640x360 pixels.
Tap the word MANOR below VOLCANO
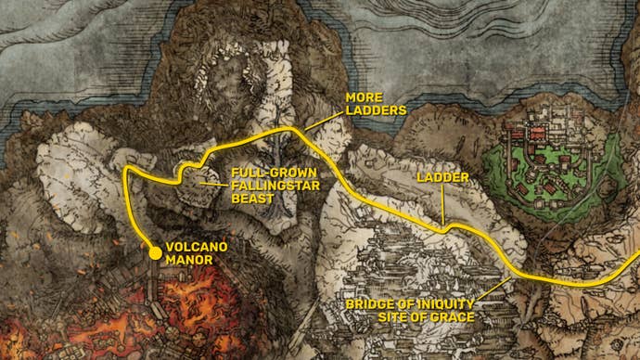tap(188, 262)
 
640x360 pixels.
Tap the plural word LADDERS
tap(376, 109)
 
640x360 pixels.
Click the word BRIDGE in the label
tap(369, 303)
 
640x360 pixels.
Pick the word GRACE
tap(454, 317)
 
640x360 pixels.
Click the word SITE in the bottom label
tap(394, 317)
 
